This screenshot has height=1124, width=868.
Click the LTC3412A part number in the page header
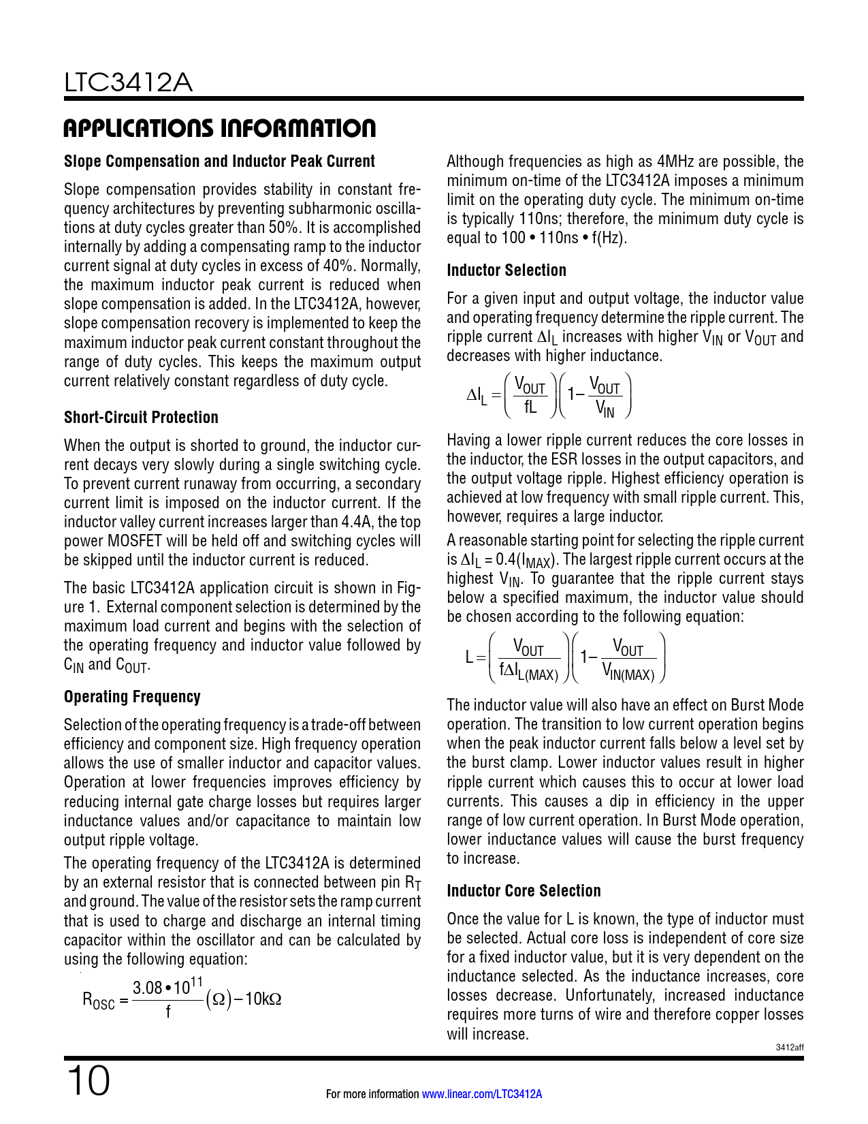(128, 83)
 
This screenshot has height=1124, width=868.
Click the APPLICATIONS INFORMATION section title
(219, 128)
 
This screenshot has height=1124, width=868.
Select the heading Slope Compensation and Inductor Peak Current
(219, 161)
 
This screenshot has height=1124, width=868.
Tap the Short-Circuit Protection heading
(141, 418)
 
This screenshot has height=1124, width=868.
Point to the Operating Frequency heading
(132, 697)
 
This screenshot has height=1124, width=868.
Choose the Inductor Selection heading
(507, 270)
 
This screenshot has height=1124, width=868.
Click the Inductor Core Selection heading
(524, 891)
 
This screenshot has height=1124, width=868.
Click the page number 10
(88, 1081)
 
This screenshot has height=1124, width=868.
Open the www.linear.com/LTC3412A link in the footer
(482, 1094)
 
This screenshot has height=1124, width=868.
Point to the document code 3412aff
(790, 1048)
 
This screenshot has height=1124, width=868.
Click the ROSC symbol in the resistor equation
(99, 1000)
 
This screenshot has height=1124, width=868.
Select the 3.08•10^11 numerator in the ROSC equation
(167, 986)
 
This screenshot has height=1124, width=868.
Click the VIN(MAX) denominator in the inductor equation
(628, 673)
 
